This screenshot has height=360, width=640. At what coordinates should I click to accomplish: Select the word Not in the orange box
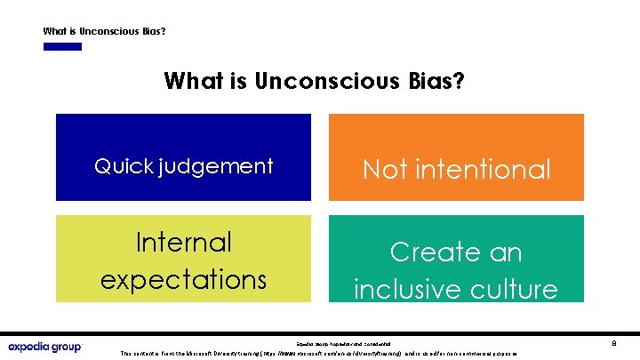pyautogui.click(x=384, y=169)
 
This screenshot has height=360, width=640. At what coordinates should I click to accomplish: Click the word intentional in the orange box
pyautogui.click(x=483, y=169)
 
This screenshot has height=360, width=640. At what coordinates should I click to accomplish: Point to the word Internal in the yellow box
pyautogui.click(x=183, y=242)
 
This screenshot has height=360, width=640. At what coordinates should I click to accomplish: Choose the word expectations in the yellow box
pyautogui.click(x=183, y=279)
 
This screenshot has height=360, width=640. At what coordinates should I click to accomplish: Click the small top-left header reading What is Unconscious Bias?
pyautogui.click(x=104, y=31)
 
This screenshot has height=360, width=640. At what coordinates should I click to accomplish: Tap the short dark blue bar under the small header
pyautogui.click(x=62, y=47)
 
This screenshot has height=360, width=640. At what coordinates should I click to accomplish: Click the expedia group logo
pyautogui.click(x=44, y=347)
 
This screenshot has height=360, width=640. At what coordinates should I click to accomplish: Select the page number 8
pyautogui.click(x=614, y=341)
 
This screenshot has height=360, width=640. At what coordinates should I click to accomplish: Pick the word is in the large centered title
pyautogui.click(x=237, y=82)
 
